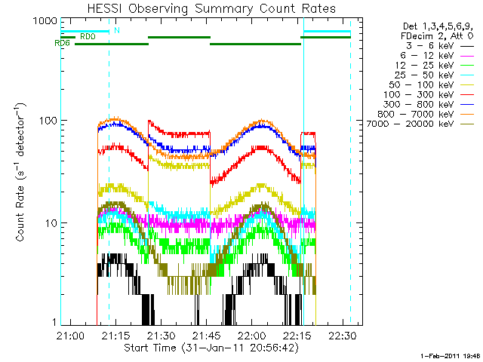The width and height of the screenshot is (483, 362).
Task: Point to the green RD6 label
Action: point(62,43)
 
